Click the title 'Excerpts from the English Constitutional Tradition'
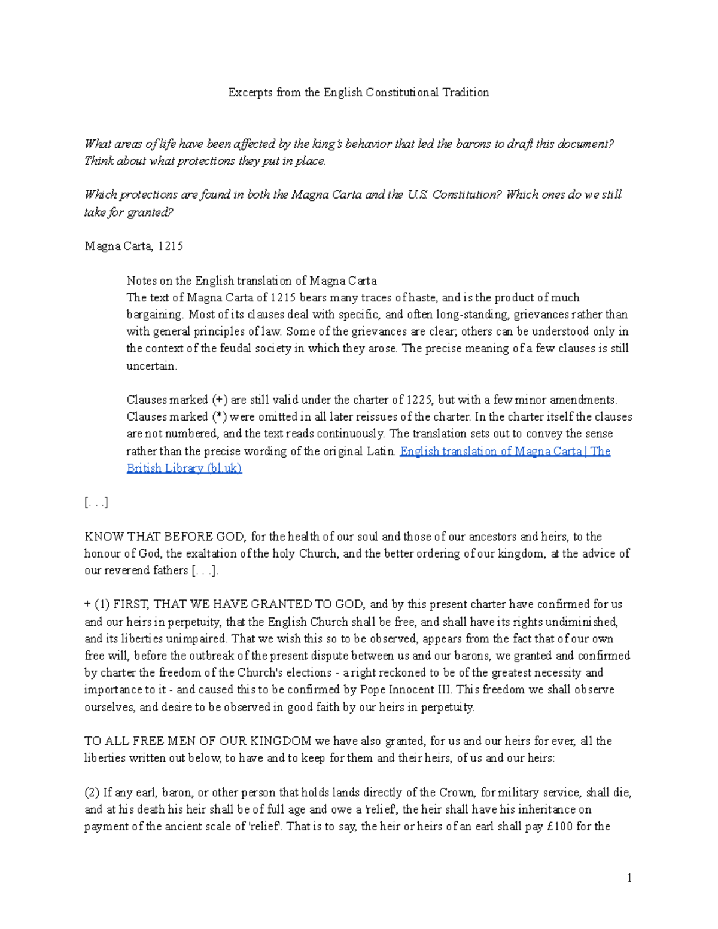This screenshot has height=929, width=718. tap(358, 92)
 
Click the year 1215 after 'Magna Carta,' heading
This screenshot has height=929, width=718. tap(171, 246)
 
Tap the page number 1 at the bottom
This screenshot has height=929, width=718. tap(629, 878)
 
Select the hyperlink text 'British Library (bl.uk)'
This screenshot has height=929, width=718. tap(184, 468)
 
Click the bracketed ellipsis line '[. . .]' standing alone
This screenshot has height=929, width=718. tap(96, 502)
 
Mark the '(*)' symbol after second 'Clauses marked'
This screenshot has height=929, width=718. tap(219, 416)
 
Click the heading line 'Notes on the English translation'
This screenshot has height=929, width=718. tap(251, 281)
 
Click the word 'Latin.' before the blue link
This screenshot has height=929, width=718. tap(381, 451)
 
